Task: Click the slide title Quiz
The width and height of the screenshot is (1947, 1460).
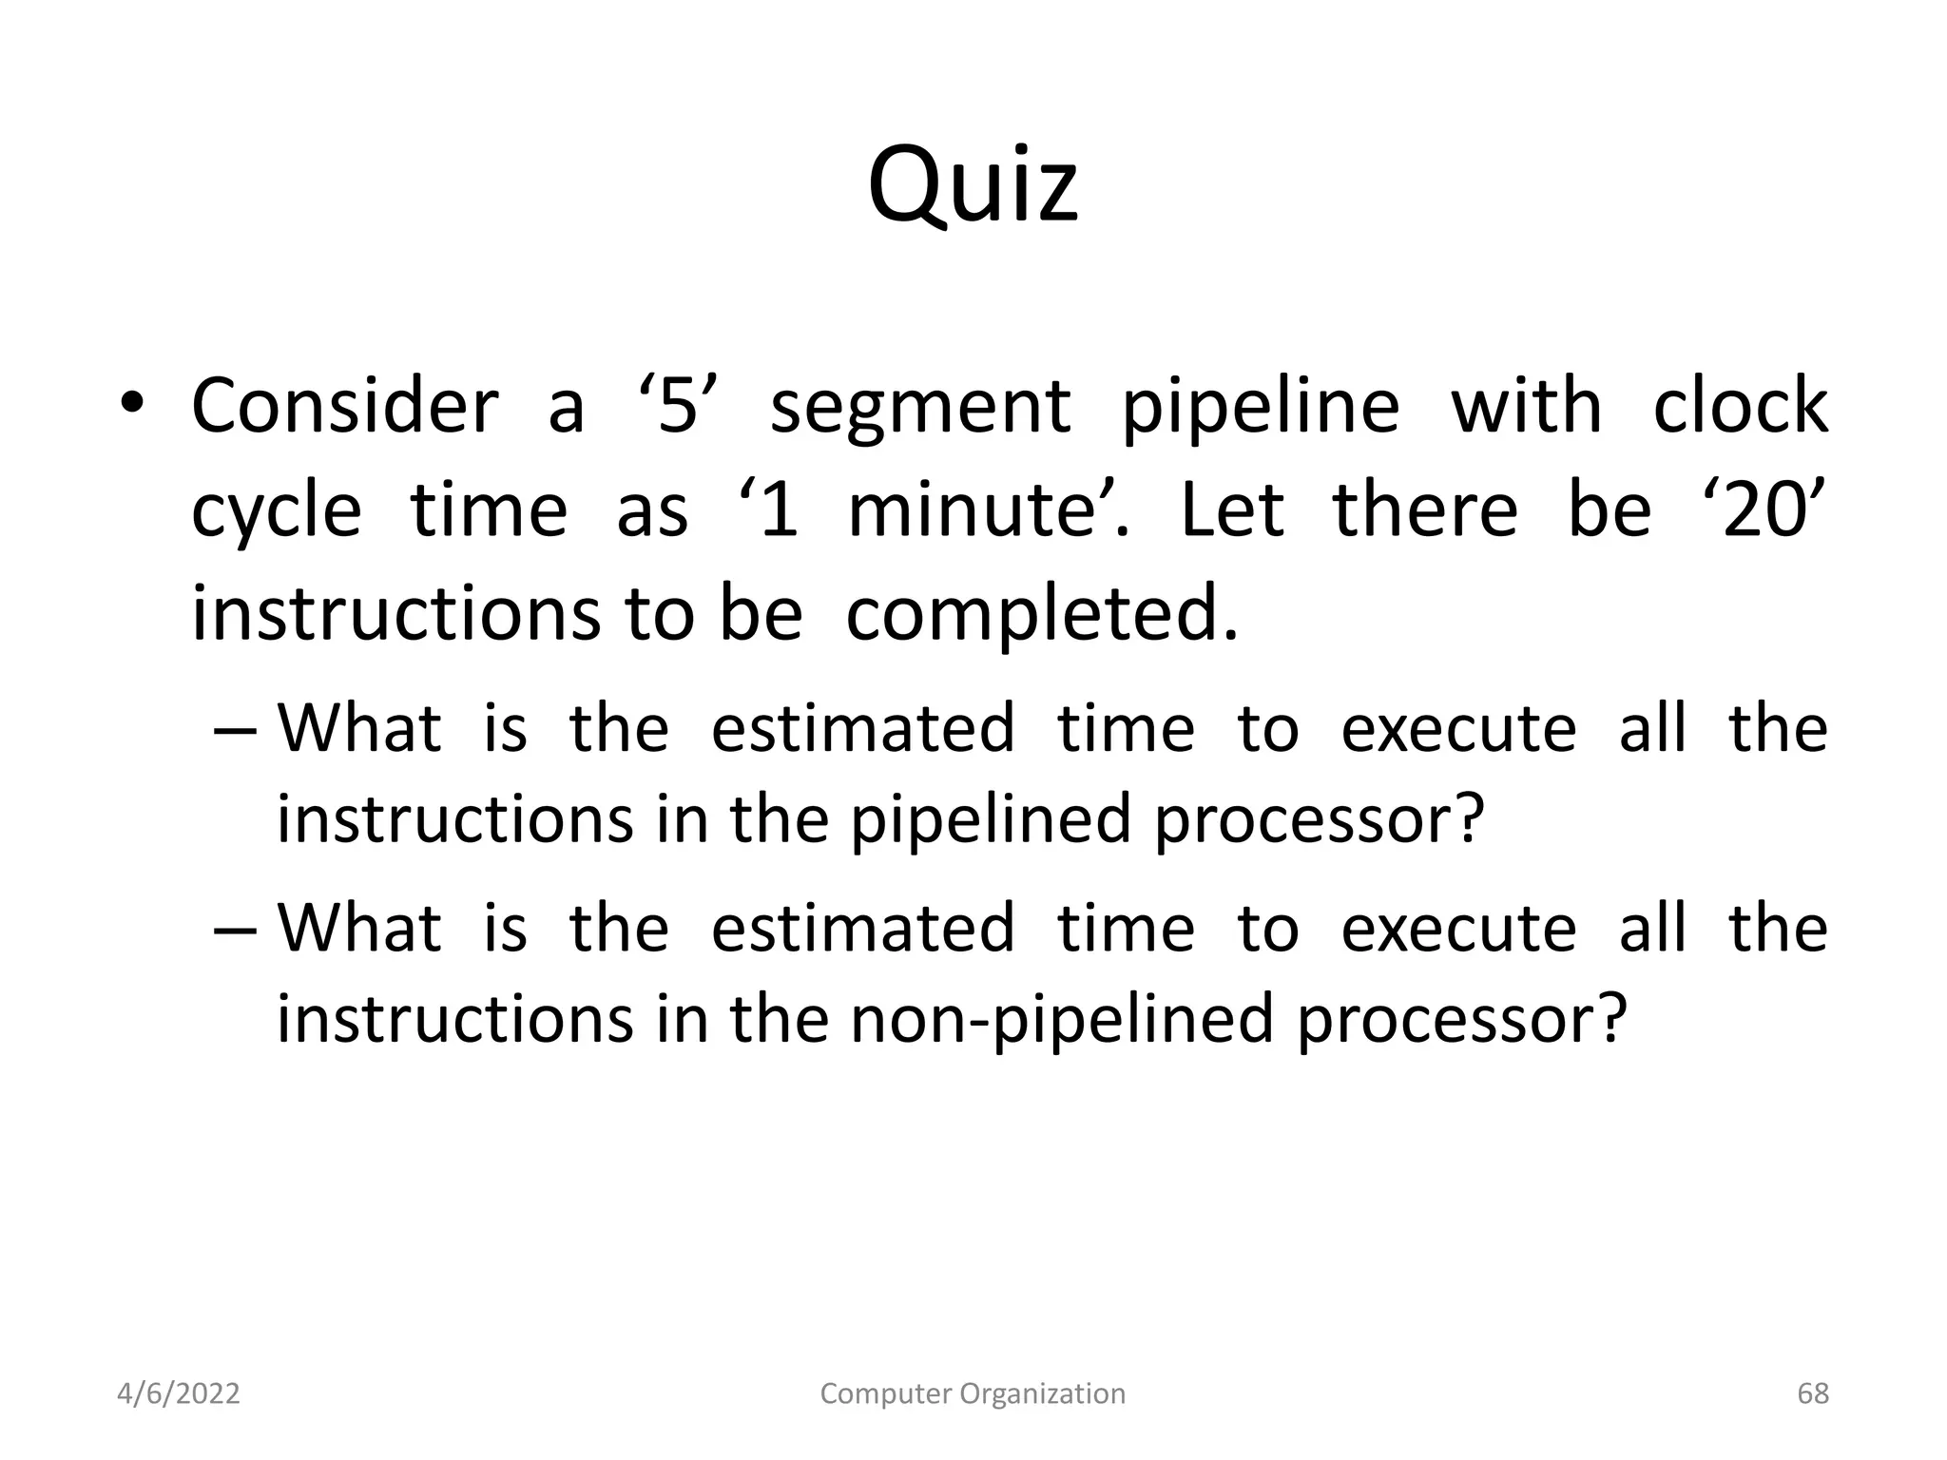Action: coord(973,185)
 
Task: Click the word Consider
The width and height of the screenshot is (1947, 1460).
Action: coord(344,407)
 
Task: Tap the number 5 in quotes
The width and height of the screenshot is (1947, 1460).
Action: coord(677,407)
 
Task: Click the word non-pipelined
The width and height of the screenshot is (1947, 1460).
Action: coord(1061,1019)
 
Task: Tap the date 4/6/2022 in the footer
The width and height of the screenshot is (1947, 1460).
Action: coord(178,1393)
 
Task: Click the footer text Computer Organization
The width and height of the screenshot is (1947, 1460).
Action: coord(973,1393)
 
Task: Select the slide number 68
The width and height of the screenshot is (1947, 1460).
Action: coord(1812,1393)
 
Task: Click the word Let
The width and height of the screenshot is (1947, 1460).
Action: coord(1232,510)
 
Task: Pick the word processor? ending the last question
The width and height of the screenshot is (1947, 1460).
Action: coord(1462,1019)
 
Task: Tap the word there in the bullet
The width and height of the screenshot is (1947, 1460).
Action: coord(1424,510)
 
